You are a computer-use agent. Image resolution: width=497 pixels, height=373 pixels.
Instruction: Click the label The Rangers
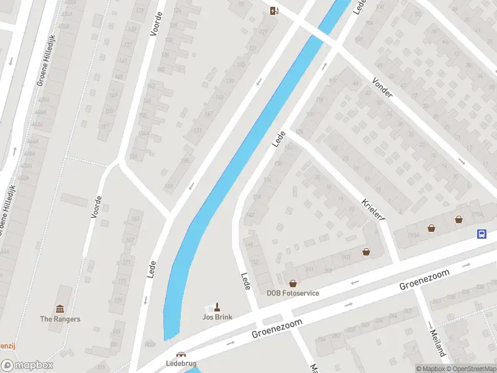(x=60, y=319)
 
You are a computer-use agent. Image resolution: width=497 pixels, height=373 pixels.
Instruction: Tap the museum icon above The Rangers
(x=60, y=309)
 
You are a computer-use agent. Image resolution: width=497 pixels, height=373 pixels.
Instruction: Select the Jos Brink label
(x=217, y=317)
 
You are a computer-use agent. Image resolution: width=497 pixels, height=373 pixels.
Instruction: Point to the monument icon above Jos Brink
(x=217, y=306)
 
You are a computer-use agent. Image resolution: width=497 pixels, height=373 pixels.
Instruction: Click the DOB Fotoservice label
(x=293, y=293)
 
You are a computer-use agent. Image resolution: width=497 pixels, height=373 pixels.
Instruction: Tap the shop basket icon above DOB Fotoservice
(x=293, y=283)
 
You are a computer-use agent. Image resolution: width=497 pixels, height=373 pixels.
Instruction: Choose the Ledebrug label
(x=181, y=363)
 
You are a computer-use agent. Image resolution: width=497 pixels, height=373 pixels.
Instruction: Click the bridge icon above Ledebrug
(x=181, y=354)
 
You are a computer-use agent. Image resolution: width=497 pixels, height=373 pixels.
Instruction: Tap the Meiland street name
(x=437, y=343)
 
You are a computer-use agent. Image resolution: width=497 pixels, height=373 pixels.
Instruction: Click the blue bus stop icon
(x=481, y=234)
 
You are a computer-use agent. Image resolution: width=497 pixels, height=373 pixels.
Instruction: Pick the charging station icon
(x=274, y=10)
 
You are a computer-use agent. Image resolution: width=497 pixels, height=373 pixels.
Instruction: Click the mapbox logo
(x=27, y=366)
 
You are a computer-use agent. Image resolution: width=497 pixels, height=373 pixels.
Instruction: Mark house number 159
(x=168, y=186)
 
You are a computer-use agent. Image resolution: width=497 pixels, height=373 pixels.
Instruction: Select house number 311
(x=309, y=269)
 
